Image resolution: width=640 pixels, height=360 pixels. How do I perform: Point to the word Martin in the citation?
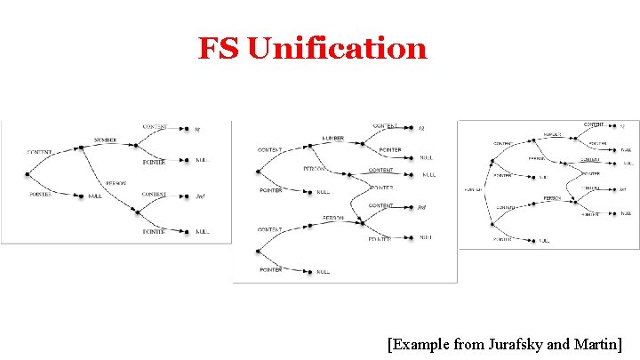597,342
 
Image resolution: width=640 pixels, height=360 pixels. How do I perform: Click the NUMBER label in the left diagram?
107,140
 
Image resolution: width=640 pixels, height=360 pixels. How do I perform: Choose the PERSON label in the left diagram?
116,183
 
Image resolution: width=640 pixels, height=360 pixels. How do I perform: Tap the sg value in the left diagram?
197,130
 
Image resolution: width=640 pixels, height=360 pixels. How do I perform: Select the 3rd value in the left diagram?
200,195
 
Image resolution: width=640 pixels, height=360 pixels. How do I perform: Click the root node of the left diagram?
28,173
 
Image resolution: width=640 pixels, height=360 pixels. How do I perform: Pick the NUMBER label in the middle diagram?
333,139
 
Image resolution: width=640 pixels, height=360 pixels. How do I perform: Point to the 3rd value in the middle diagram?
422,207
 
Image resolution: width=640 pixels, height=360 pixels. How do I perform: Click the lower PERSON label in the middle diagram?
333,218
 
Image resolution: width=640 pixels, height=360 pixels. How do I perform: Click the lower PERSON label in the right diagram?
553,198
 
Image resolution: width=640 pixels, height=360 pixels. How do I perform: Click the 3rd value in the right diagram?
623,189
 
